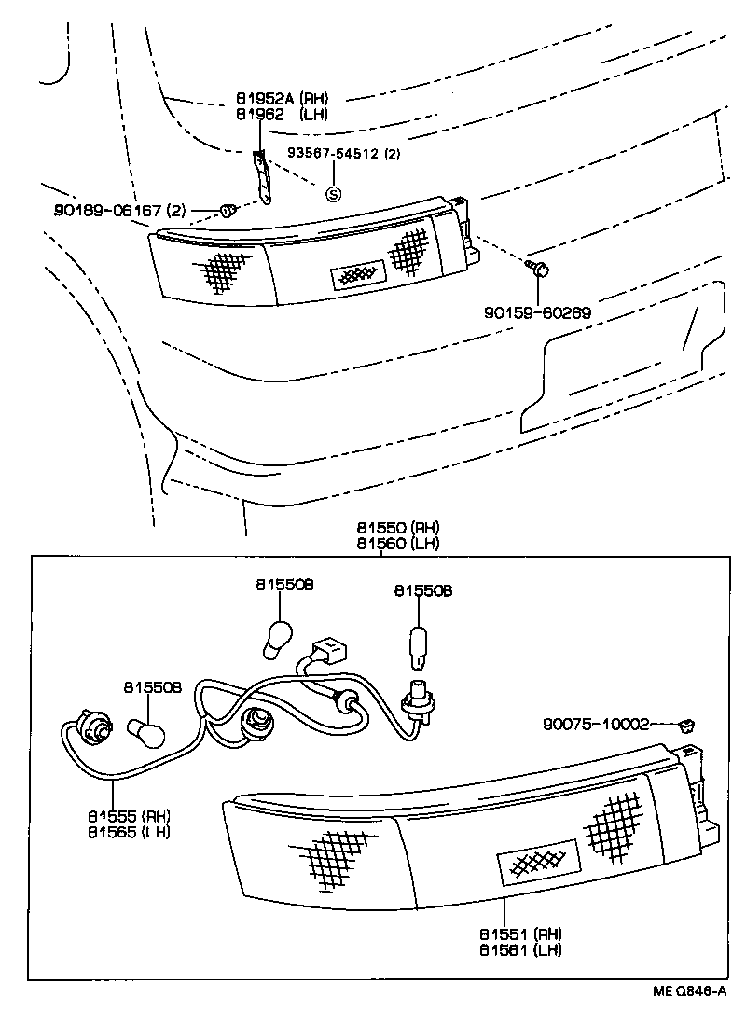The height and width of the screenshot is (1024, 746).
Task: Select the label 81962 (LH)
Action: (281, 114)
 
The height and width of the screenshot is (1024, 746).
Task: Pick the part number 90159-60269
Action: (536, 313)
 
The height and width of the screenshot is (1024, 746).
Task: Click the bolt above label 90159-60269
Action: (540, 270)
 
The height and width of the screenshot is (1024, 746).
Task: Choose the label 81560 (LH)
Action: (397, 543)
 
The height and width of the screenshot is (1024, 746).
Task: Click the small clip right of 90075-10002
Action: (689, 725)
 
